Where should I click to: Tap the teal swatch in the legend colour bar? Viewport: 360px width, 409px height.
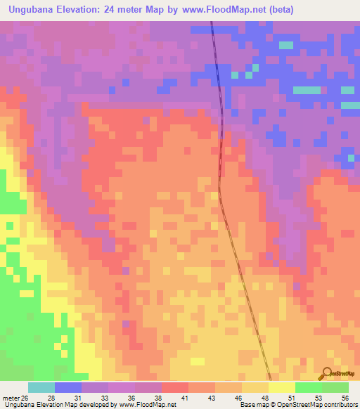(41, 387)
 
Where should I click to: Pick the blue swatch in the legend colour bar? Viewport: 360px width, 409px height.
(68, 387)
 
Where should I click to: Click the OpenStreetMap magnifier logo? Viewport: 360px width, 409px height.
(326, 372)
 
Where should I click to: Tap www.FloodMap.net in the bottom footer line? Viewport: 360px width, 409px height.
(148, 405)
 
